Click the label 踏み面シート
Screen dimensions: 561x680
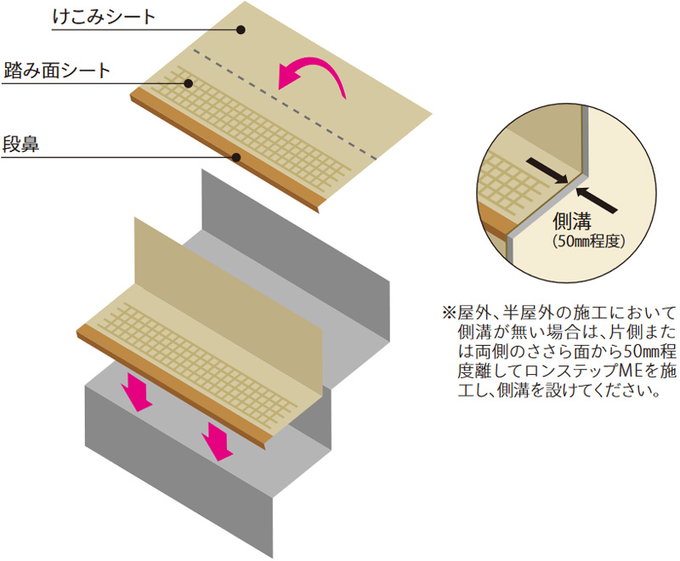tap(56, 71)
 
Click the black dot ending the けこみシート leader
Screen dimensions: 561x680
tap(241, 30)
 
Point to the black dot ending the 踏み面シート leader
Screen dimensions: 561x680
tap(190, 82)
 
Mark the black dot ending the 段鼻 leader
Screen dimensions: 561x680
tap(238, 157)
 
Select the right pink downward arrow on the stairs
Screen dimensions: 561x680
tap(218, 440)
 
